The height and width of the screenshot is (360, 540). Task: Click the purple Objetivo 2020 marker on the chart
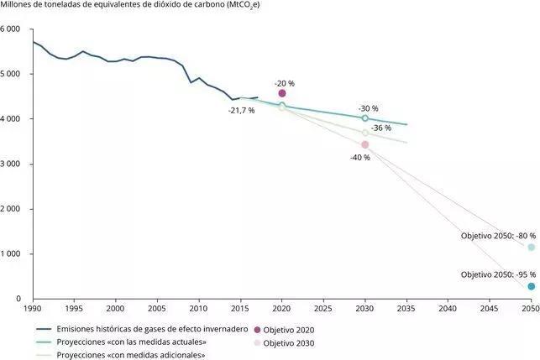pos(282,93)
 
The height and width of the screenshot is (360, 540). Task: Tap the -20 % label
pos(285,83)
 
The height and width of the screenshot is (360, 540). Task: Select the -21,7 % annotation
pos(241,111)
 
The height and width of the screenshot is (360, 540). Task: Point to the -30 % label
pos(369,108)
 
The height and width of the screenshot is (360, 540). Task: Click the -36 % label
pos(381,128)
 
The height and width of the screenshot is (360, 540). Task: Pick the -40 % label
pos(360,157)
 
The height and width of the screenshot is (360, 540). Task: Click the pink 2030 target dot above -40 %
pos(364,144)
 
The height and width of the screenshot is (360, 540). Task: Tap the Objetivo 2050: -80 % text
pos(497,236)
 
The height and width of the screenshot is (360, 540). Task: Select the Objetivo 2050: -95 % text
pos(497,274)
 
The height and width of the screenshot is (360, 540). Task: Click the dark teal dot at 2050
pos(531,286)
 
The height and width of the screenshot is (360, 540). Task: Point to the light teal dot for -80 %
pos(531,248)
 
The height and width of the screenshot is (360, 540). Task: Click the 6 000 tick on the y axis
pos(12,29)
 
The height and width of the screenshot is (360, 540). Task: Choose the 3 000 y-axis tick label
pos(12,164)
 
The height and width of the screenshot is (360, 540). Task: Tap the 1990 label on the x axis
pos(33,309)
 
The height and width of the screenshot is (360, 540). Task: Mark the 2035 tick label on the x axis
pos(406,309)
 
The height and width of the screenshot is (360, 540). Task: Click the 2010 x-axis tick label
pos(199,309)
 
